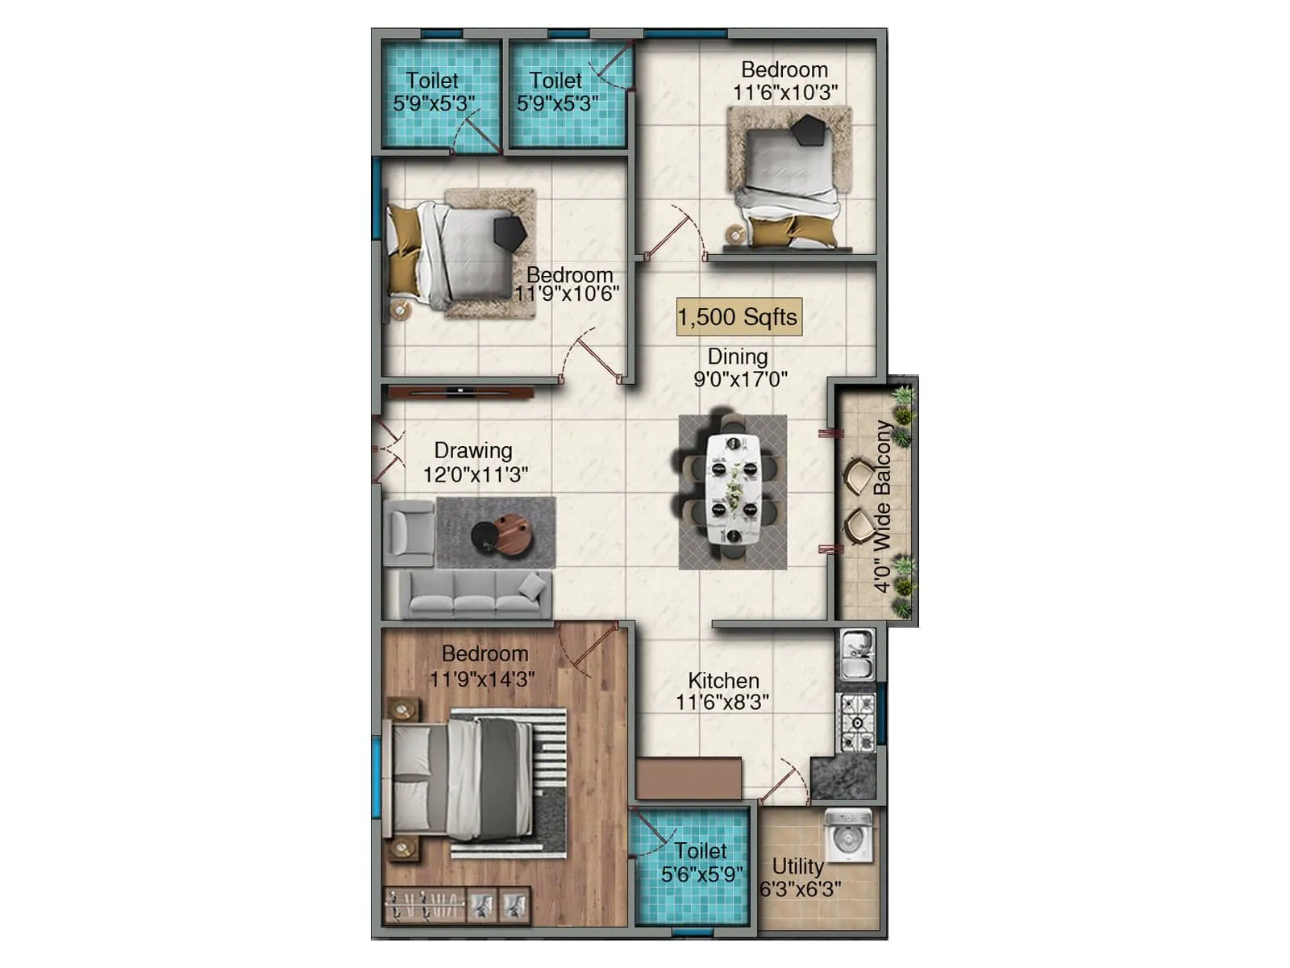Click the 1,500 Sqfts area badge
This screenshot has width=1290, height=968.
tap(739, 317)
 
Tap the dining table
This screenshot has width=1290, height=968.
tap(733, 490)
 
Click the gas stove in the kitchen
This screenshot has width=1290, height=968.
tap(858, 722)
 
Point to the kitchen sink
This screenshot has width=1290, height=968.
tap(856, 653)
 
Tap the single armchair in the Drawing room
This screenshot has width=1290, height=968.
tap(409, 532)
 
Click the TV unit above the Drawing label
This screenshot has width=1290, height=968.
tap(461, 393)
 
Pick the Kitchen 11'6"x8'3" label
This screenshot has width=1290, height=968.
tap(722, 691)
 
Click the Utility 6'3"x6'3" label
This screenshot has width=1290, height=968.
tap(800, 877)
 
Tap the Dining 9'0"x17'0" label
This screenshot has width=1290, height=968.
tap(739, 368)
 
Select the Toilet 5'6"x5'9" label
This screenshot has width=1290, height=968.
tap(701, 862)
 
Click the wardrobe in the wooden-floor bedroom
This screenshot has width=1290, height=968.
tap(456, 906)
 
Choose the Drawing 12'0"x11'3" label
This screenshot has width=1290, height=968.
tap(475, 462)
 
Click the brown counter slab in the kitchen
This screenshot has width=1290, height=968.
tap(689, 778)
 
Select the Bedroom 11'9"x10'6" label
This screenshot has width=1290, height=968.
tap(568, 284)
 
